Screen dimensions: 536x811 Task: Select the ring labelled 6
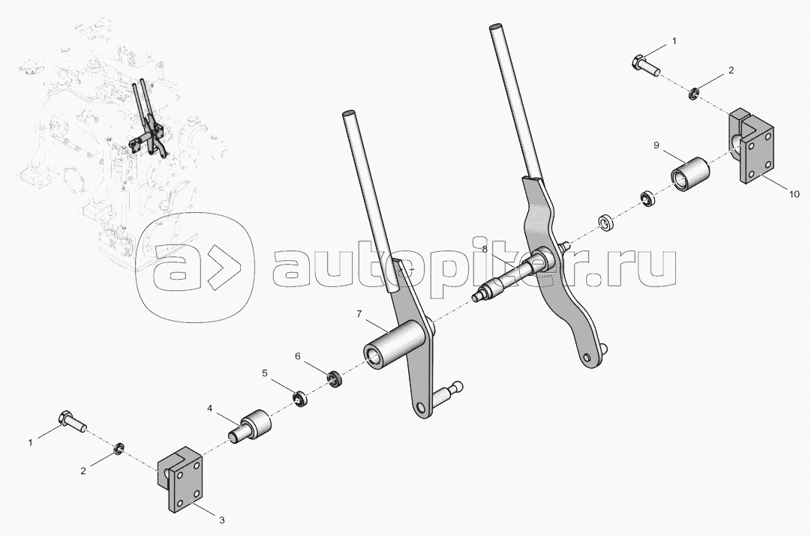[335, 379]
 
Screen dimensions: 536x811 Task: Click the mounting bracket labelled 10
[751, 149]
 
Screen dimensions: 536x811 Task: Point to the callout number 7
[359, 312]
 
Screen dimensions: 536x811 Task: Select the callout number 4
[210, 409]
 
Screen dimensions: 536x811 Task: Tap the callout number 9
[655, 145]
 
